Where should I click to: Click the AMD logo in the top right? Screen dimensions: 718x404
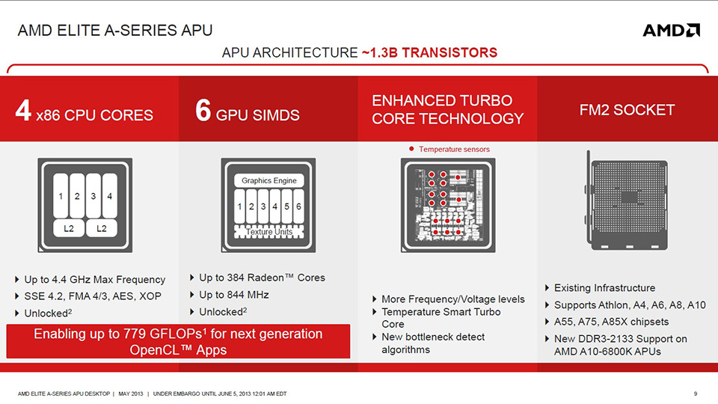point(672,30)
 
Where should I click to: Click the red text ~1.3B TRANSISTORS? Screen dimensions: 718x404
point(429,52)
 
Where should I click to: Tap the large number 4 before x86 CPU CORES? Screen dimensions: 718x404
point(23,111)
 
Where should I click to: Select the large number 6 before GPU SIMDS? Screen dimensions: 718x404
point(203,111)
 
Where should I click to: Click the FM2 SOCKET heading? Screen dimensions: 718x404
point(627,110)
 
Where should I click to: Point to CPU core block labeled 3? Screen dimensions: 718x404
point(93,196)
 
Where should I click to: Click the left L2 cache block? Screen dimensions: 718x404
point(69,228)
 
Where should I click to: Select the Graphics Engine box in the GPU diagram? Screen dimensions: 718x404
point(269,180)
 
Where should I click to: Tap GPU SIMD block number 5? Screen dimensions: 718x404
point(286,206)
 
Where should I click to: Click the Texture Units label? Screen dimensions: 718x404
point(269,232)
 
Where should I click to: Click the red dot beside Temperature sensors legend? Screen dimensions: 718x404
point(411,149)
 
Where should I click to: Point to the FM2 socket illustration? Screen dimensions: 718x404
point(626,201)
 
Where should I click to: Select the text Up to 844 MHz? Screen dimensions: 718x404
point(234,295)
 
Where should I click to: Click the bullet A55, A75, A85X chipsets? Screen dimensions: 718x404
point(611,322)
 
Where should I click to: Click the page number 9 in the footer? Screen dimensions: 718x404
point(696,394)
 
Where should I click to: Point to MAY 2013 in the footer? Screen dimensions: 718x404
point(130,394)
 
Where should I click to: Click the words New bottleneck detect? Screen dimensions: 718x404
point(433,337)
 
